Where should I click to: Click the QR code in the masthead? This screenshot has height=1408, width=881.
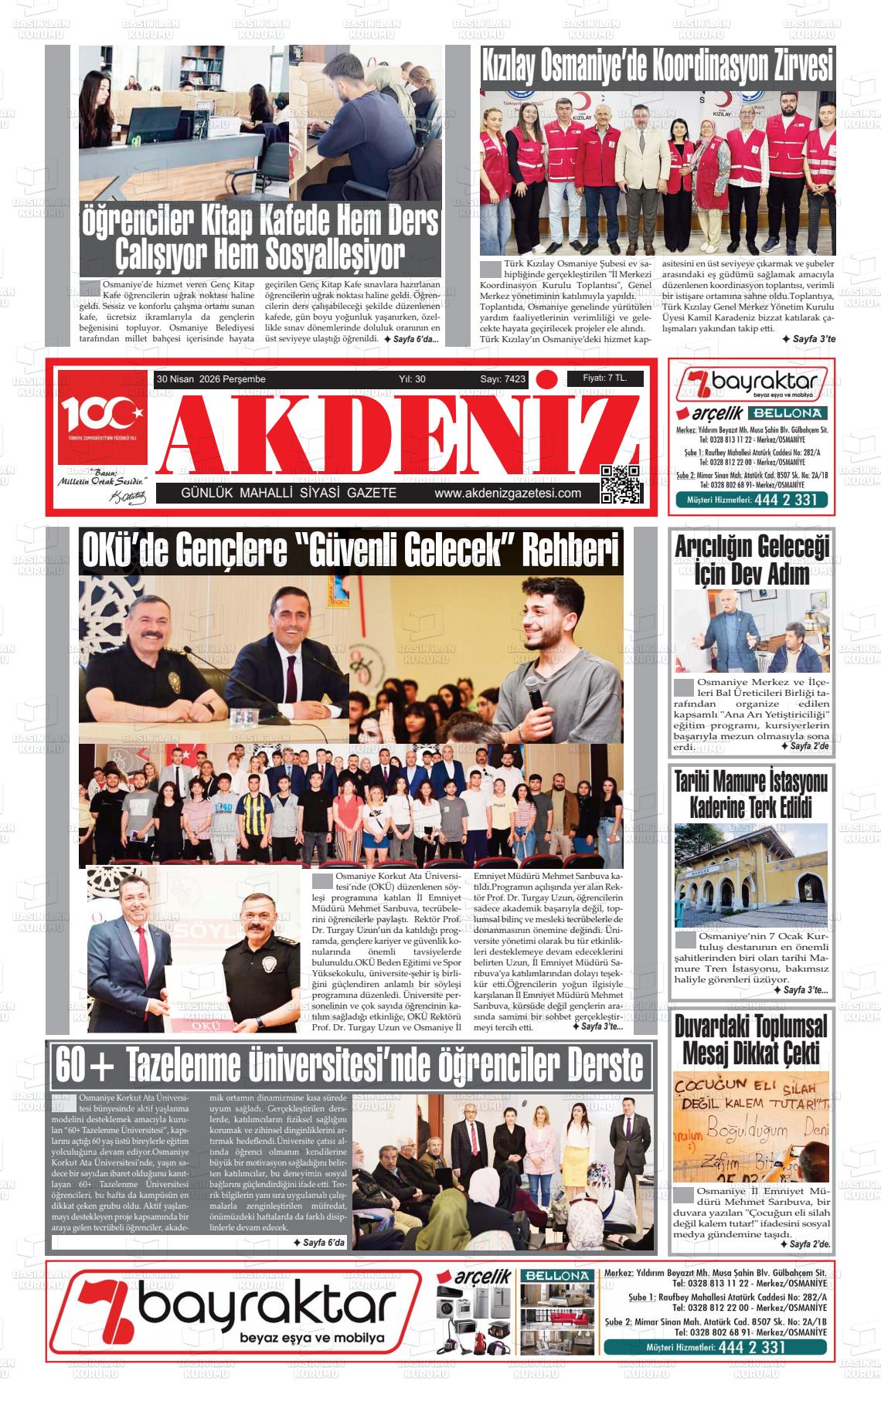click(621, 484)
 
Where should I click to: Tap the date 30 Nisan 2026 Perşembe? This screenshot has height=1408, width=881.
click(211, 379)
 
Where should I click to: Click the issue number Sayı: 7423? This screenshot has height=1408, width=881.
click(502, 379)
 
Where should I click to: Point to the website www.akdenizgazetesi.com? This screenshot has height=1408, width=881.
click(508, 494)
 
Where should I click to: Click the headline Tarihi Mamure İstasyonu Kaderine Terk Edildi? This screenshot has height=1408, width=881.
click(751, 796)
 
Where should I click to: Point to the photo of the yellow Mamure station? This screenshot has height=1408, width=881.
click(751, 874)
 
